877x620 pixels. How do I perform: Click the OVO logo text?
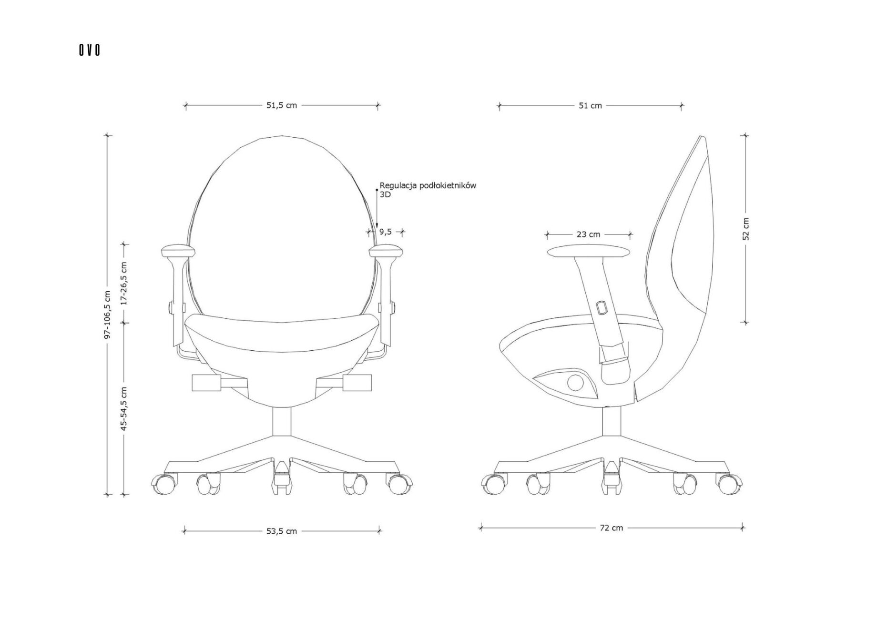(x=90, y=50)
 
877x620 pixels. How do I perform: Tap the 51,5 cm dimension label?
(x=281, y=105)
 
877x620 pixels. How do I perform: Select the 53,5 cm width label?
(x=281, y=531)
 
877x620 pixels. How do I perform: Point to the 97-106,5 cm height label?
(x=107, y=315)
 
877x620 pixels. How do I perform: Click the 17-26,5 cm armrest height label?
(x=124, y=283)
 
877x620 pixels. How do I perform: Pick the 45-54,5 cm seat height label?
(x=124, y=409)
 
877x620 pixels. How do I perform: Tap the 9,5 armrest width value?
(x=385, y=232)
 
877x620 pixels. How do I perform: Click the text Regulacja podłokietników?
(x=428, y=186)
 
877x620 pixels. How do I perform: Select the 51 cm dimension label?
(x=590, y=105)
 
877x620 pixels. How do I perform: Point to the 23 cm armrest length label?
(x=588, y=234)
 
